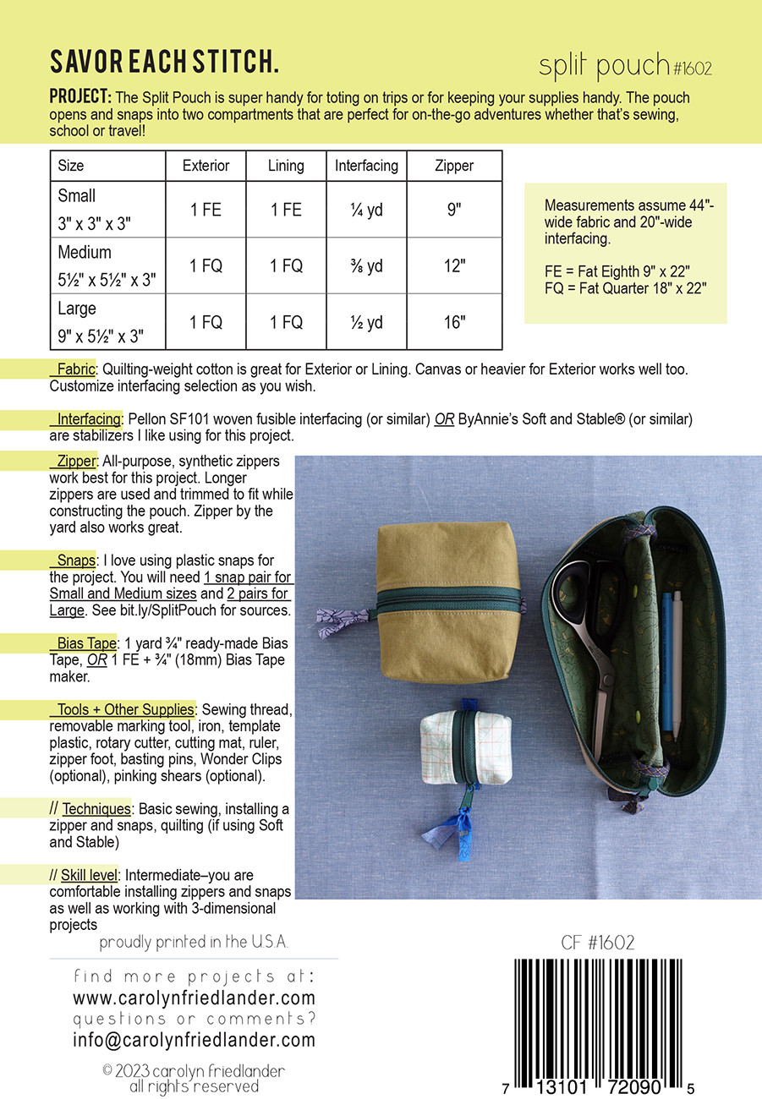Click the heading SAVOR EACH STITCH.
tap(164, 63)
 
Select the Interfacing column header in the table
tap(366, 166)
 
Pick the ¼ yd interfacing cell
tap(366, 209)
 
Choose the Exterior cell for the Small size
tap(206, 209)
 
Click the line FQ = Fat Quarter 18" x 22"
tap(626, 287)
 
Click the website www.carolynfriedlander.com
tap(194, 998)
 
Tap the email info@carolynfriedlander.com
tap(194, 1040)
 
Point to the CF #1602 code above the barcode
tap(597, 943)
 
